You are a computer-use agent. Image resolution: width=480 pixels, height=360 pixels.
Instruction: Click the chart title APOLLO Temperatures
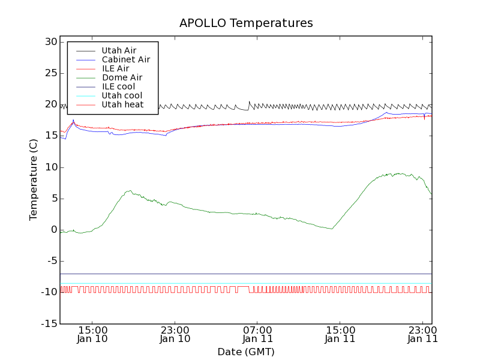[x=246, y=23]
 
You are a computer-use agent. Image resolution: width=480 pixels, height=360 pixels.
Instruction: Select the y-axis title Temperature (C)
[x=34, y=180]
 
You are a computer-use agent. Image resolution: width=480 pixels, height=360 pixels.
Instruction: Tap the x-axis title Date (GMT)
[x=246, y=352]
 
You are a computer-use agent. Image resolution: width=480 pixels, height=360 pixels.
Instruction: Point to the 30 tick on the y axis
[x=50, y=42]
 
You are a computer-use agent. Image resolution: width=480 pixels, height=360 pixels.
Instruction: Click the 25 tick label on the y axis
[x=50, y=73]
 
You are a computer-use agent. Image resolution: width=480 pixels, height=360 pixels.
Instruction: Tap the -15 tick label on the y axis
[x=48, y=323]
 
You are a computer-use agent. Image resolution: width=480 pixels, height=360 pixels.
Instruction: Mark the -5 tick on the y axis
[x=50, y=261]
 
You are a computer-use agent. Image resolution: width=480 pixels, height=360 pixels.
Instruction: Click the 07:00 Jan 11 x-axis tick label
[x=257, y=334]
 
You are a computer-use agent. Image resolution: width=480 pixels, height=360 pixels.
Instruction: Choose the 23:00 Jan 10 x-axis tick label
[x=175, y=334]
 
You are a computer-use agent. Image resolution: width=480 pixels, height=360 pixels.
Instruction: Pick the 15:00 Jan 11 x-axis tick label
[x=340, y=334]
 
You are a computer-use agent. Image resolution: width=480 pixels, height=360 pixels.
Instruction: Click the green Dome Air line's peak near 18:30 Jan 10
[x=130, y=191]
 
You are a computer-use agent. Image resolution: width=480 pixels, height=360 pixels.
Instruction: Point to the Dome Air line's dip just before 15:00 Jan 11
[x=332, y=229]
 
